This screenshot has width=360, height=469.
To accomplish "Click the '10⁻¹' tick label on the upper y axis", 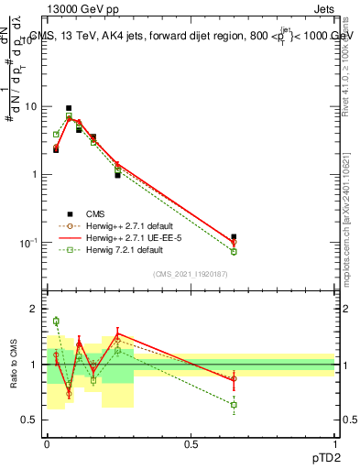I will pyautogui.click(x=32, y=243).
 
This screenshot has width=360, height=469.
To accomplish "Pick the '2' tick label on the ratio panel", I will pyautogui.click(x=37, y=310).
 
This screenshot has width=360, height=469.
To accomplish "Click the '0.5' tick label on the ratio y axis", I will pyautogui.click(x=32, y=420).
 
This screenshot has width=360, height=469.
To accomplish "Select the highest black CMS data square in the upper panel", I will pyautogui.click(x=69, y=108).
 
